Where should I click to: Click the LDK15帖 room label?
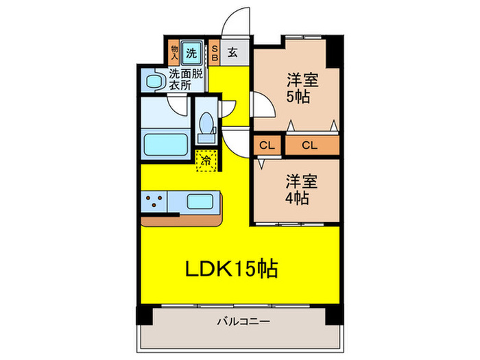coord(231,269)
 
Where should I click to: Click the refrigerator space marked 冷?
coord(206,162)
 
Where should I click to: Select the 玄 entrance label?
coord(232,52)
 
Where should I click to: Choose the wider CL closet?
coord(310,145)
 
